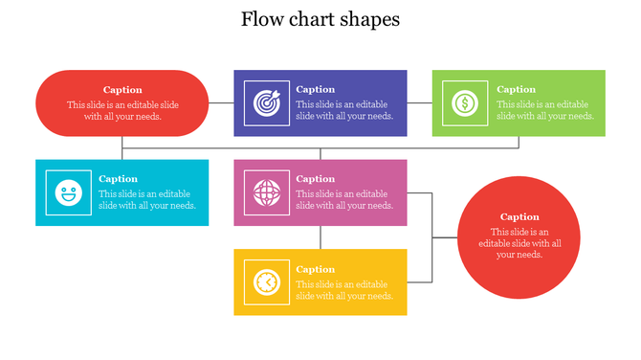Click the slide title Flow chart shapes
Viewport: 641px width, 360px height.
[x=320, y=19]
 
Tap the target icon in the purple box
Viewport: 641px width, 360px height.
[x=266, y=102]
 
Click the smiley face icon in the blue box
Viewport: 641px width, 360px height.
[x=67, y=193]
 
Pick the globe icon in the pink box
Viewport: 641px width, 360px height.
[x=266, y=192]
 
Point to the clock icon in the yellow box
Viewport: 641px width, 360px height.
[x=266, y=282]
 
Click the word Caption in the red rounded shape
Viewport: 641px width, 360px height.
[x=122, y=90]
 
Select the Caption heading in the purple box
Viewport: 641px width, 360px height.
[x=316, y=89]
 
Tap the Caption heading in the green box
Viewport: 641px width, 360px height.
[x=517, y=89]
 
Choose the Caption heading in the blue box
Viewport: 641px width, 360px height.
[x=118, y=179]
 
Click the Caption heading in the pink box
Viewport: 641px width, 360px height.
[x=316, y=179]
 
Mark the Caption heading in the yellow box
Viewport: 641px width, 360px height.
[x=316, y=269]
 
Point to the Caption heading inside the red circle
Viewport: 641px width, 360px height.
[x=519, y=216]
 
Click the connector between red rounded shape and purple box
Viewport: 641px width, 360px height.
[x=222, y=102]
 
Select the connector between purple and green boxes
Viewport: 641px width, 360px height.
[x=419, y=102]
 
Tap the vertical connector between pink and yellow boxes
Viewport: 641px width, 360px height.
[x=320, y=237]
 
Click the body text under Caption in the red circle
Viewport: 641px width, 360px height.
[x=519, y=243]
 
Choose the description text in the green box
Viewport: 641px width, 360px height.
[x=545, y=110]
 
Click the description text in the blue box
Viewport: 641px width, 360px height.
[x=147, y=199]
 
